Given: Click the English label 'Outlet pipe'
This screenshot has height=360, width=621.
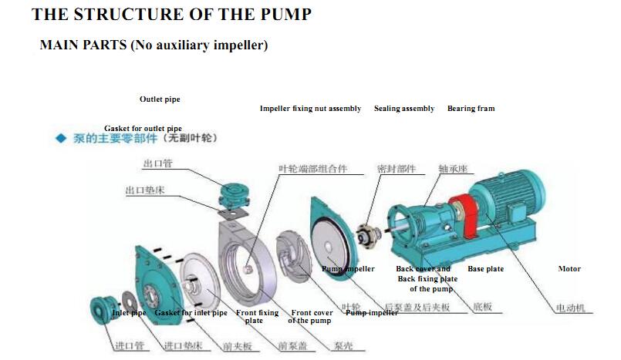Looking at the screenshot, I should point(160,99).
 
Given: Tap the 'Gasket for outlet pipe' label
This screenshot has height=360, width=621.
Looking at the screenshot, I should point(143,128).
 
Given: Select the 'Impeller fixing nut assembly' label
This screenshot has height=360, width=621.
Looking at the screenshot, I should point(310,109).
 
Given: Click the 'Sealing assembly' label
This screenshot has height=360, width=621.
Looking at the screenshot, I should point(403,109).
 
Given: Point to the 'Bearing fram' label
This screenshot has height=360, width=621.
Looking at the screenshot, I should point(471,109).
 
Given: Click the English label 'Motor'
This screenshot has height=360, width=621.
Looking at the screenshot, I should point(569,269).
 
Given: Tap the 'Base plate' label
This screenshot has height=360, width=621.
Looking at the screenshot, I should point(485,269).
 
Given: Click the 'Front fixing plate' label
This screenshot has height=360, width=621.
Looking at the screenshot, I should point(257,316).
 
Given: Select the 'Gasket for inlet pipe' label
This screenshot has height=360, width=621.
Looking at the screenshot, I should point(191,313).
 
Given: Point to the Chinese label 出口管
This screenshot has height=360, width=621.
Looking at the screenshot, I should point(157,163).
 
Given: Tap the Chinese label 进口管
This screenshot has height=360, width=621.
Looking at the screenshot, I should point(130,346).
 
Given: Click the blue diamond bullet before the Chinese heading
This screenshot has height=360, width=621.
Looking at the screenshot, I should point(60,139).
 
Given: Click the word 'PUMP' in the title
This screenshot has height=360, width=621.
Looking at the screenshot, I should point(282,14).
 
